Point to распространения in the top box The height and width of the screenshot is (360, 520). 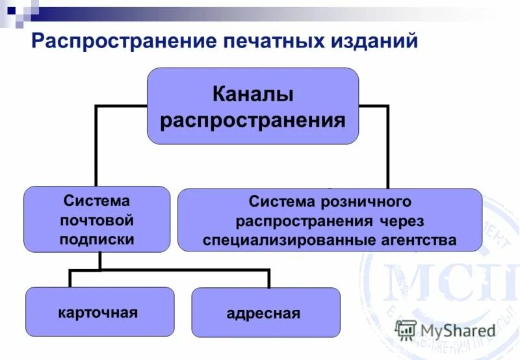pos(253,120)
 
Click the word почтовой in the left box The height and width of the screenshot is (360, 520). pos(97,220)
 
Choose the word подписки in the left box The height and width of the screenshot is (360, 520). pos(97,238)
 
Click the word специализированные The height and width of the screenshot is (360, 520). pos(287,240)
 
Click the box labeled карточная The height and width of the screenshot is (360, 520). pos(99,312)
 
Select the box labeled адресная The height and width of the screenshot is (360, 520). pos(266,313)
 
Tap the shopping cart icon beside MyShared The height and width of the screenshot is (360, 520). pos(406,329)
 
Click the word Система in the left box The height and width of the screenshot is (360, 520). pos(97,201)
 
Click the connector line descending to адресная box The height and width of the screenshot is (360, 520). pos(268,278)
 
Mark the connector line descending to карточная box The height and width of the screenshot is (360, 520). pos(70,278)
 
